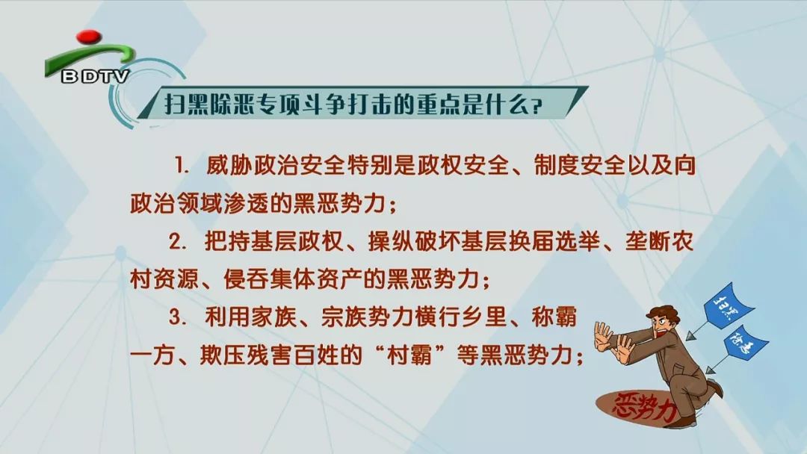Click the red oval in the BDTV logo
[88, 36]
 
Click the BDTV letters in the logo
[95, 77]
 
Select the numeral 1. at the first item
[183, 166]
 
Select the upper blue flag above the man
[728, 305]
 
